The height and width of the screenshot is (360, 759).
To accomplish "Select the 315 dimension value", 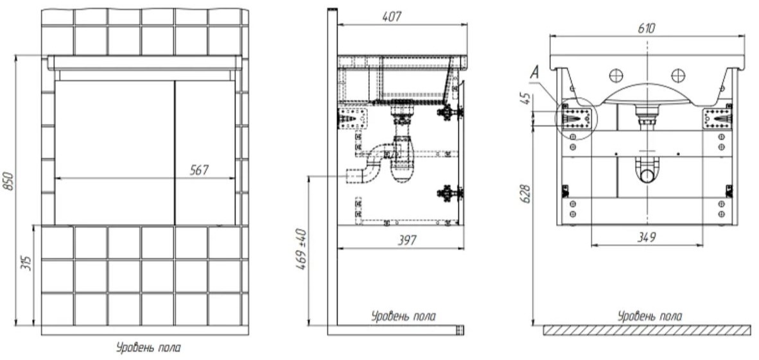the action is [28, 262].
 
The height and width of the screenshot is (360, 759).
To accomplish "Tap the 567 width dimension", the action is [200, 170].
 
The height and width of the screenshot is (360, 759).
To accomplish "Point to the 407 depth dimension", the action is [392, 17].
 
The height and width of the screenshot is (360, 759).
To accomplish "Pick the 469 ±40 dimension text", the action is [301, 249].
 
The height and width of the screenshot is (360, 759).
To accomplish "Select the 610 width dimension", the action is [646, 28].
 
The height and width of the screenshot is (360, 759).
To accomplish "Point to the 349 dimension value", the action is [646, 237].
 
